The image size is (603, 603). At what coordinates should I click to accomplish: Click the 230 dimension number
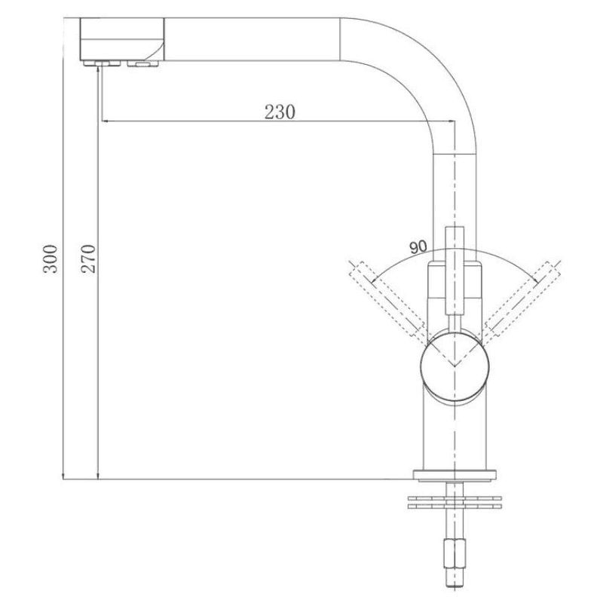[x=279, y=112]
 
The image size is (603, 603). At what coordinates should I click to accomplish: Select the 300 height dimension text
[x=51, y=259]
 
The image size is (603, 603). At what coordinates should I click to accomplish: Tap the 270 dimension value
[x=87, y=259]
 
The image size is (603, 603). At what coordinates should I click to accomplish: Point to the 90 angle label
[x=418, y=246]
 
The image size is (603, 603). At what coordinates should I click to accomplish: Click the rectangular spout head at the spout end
[x=122, y=38]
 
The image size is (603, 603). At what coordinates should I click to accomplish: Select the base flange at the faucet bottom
[x=455, y=474]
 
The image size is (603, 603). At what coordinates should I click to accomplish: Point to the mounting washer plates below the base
[x=455, y=501]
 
